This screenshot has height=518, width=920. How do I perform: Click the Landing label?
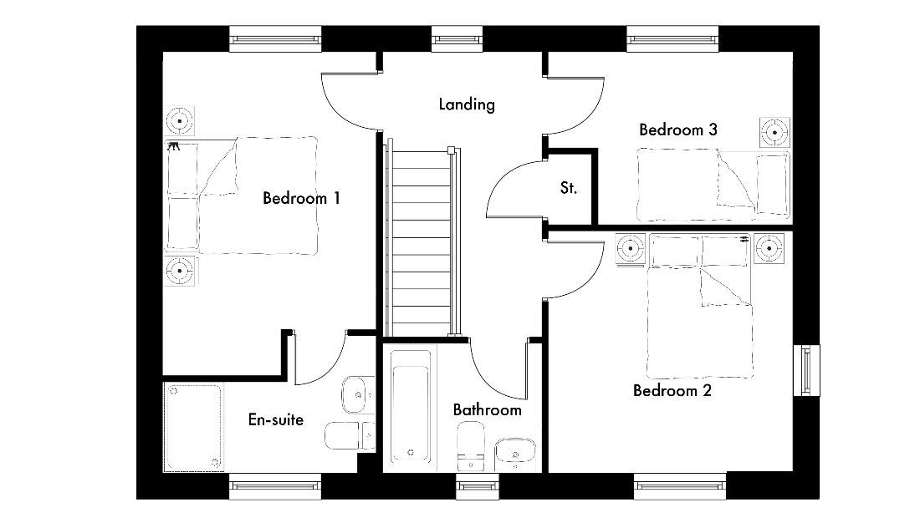point(467,104)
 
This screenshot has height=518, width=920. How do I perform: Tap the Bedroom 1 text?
point(301,198)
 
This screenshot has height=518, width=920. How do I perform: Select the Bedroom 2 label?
point(672,390)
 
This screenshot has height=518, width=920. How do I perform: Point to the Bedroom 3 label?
point(677,129)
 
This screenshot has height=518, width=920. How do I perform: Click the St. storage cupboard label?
point(568,187)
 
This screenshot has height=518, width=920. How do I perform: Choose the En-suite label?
point(276,419)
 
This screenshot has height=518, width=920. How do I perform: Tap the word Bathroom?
point(487,409)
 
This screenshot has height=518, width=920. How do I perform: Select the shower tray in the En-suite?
point(193,427)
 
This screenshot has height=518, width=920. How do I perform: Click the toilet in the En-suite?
point(350,435)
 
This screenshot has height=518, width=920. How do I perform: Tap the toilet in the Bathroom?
point(471,446)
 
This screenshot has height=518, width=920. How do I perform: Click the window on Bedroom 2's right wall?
point(807,370)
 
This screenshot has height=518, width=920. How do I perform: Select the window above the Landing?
point(457,39)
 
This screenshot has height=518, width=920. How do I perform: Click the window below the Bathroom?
point(478,486)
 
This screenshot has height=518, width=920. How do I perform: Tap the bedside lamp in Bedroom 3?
point(774,133)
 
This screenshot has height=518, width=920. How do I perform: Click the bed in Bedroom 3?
point(713,185)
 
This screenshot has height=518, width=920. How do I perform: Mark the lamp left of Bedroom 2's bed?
point(631,248)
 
